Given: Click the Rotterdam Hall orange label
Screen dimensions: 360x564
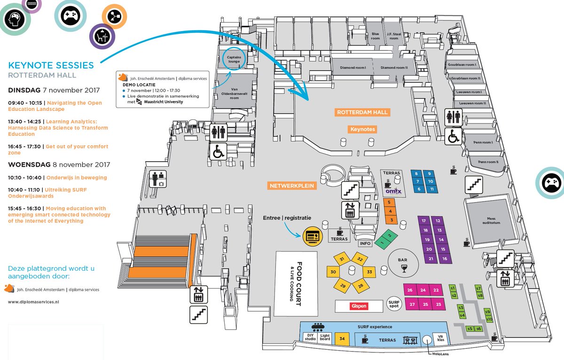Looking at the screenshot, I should [362, 112].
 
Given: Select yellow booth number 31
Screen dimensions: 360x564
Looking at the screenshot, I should [343, 259].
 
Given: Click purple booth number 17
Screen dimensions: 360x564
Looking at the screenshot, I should [424, 220].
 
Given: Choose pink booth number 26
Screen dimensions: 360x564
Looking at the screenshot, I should [410, 290].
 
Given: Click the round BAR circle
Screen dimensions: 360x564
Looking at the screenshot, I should [402, 262].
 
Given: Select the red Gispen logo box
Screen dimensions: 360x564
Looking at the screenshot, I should [359, 306].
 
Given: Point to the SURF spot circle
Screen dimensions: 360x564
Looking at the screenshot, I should [393, 305].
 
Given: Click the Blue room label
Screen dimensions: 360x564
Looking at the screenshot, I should [375, 35].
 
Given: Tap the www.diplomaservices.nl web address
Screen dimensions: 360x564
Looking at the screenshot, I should [33, 302].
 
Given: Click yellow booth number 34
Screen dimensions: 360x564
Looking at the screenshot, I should [342, 339].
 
